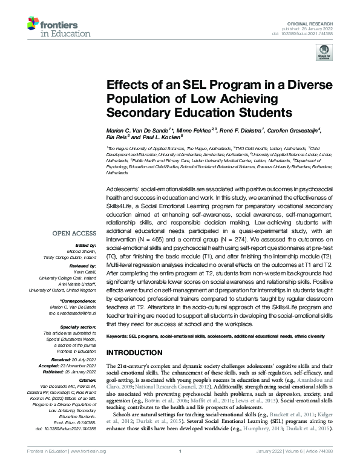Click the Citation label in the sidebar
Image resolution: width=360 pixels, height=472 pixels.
click(x=88, y=364)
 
